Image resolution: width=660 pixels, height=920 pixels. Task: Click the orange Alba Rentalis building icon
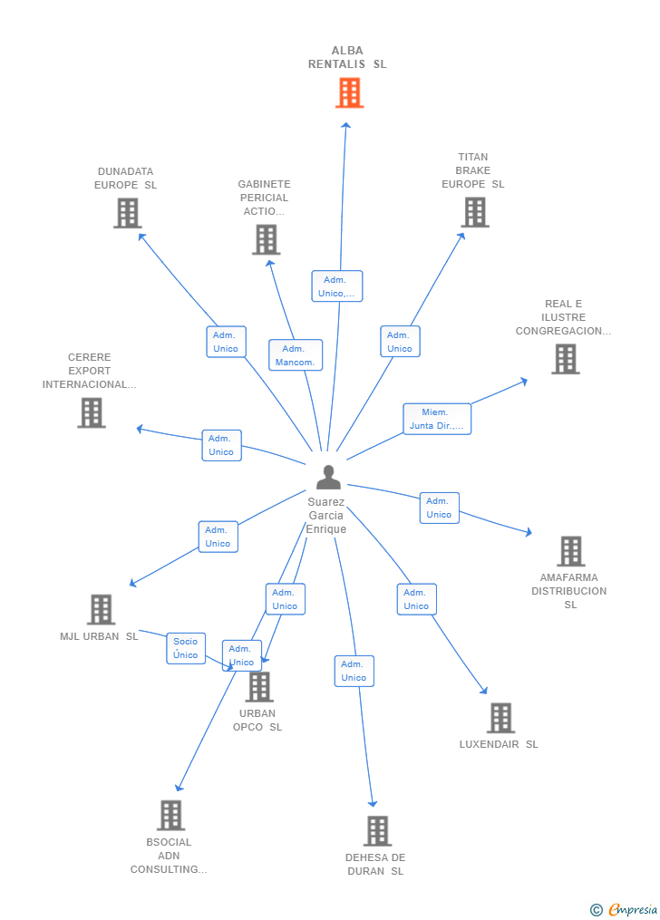349,92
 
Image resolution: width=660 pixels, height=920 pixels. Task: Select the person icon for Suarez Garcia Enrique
328,477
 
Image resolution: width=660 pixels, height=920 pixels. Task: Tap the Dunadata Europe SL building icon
128,213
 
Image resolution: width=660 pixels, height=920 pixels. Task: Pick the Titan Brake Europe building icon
475,212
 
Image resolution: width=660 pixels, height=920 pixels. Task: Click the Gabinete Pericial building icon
266,239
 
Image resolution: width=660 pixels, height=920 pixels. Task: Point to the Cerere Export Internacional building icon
92,412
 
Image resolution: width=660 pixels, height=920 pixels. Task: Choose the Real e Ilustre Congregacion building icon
566,359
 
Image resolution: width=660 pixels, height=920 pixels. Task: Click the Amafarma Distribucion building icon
570,550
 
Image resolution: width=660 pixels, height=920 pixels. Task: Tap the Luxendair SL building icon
500,718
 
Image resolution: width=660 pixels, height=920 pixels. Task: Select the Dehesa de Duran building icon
377,830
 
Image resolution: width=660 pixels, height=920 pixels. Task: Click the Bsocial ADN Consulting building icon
170,815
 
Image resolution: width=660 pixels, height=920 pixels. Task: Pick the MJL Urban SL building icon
101,609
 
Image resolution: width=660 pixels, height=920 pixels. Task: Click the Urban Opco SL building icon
259,686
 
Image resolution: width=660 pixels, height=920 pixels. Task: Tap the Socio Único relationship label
186,648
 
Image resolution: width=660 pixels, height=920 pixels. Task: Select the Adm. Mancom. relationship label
295,355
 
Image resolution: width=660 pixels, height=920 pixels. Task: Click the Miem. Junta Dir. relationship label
437,419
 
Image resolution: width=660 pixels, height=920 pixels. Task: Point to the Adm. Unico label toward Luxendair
416,599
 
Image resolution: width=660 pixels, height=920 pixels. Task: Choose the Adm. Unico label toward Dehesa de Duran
354,671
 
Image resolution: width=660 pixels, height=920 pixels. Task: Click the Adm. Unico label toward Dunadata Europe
226,342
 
